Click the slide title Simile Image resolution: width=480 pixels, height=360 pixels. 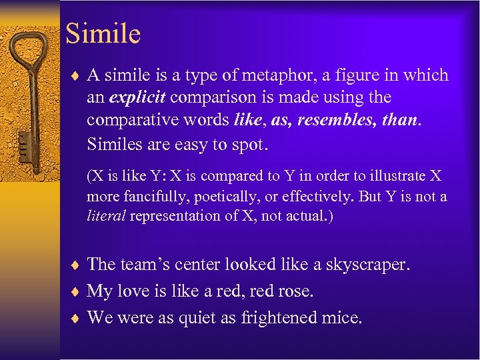103,34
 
